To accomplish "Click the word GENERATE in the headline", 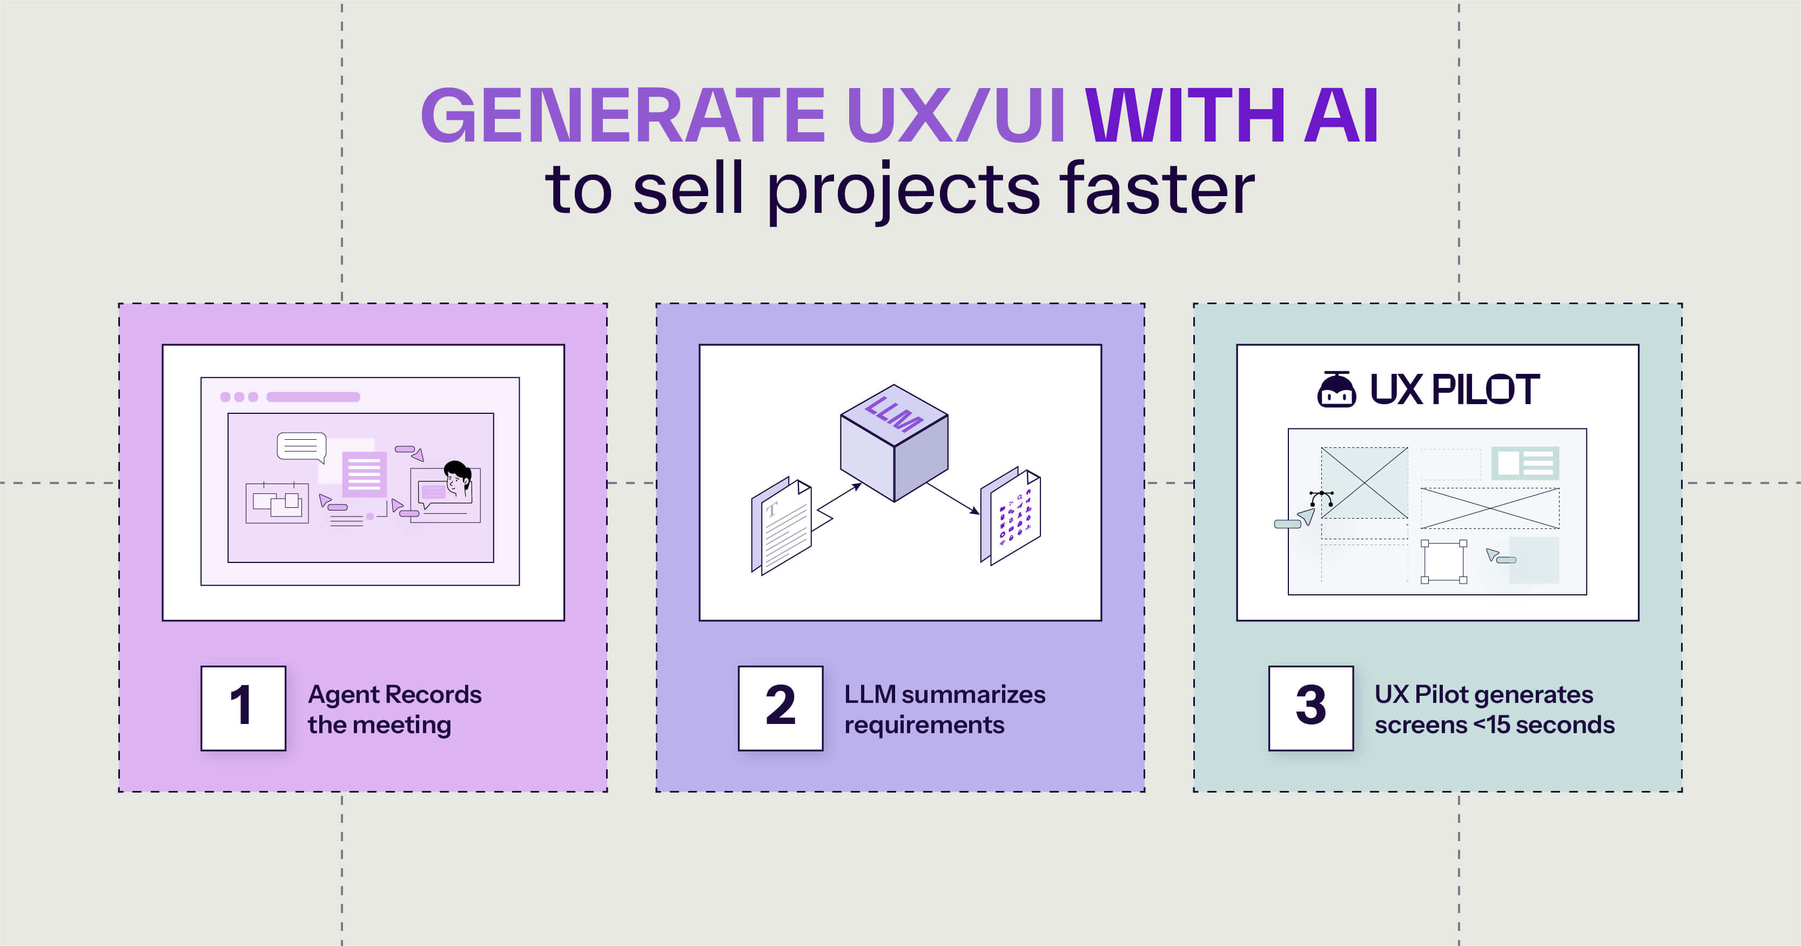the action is pyautogui.click(x=623, y=116).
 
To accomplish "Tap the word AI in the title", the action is pyautogui.click(x=1341, y=116).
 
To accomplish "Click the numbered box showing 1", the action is pyautogui.click(x=243, y=708).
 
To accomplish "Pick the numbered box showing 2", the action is pyautogui.click(x=780, y=708).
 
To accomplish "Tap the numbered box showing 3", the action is pyautogui.click(x=1311, y=708).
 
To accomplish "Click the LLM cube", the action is pyautogui.click(x=894, y=442).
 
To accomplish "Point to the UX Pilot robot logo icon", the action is pyautogui.click(x=1336, y=389).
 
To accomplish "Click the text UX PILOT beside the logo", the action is pyautogui.click(x=1454, y=390).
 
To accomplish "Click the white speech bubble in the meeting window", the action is pyautogui.click(x=301, y=446).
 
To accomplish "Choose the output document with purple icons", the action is pyautogui.click(x=1011, y=516).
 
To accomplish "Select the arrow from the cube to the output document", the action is pyautogui.click(x=953, y=498).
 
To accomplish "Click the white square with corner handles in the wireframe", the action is pyautogui.click(x=1444, y=561).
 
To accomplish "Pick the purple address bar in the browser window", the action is pyautogui.click(x=313, y=397).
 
